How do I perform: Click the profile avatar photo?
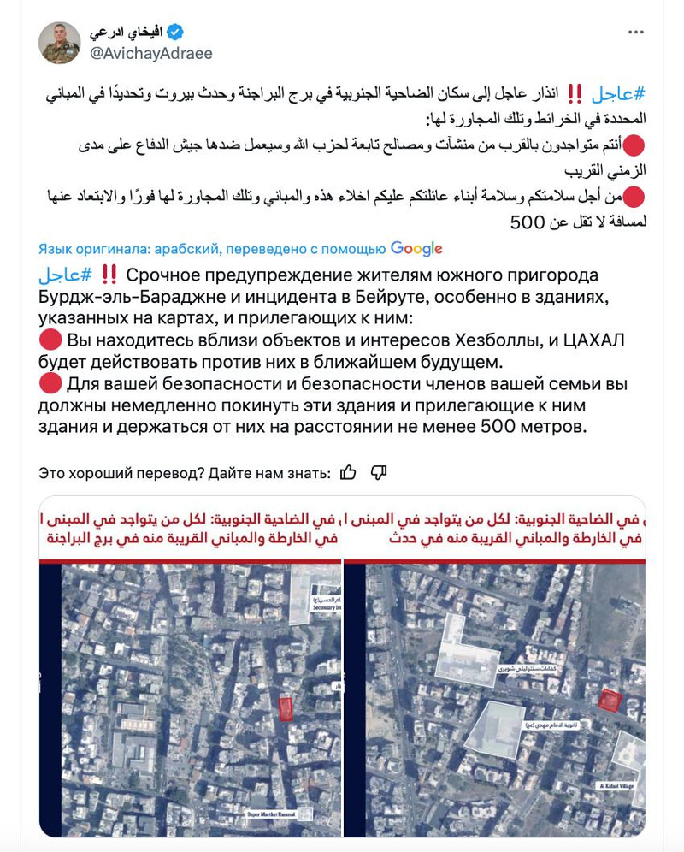(60, 43)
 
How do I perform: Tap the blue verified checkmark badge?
(174, 33)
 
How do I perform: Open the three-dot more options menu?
(635, 33)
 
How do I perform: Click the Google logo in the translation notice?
(416, 249)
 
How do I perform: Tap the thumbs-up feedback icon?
(348, 472)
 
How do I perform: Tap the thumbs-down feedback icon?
(379, 472)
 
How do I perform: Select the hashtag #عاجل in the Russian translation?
(65, 275)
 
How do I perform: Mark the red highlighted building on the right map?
(608, 699)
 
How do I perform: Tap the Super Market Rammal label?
(271, 814)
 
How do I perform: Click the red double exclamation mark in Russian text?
(109, 275)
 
